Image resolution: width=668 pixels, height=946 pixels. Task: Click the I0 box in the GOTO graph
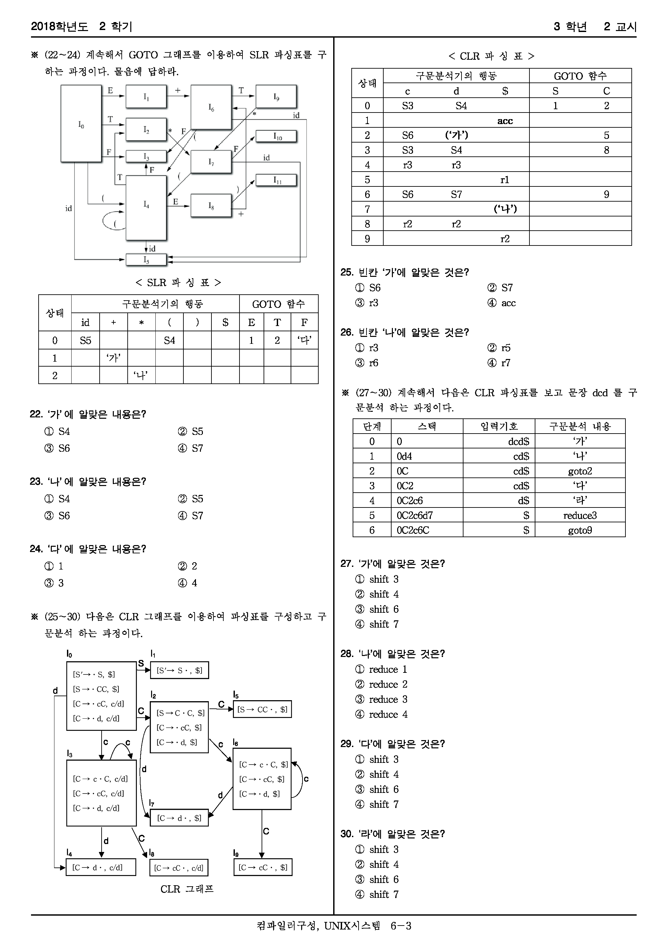(x=81, y=124)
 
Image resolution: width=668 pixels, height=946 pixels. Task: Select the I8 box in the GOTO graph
(x=211, y=205)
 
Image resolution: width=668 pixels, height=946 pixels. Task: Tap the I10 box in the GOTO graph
(x=276, y=136)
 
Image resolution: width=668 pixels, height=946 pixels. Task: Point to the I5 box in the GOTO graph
(x=146, y=260)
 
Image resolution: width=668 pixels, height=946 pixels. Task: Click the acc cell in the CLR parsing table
(x=505, y=121)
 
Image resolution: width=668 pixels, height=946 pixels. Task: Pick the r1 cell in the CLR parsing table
(x=505, y=179)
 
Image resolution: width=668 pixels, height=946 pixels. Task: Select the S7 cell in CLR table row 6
(x=456, y=194)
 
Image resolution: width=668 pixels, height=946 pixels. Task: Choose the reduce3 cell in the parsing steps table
(x=580, y=515)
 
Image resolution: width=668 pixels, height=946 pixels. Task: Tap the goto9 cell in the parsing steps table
(x=580, y=530)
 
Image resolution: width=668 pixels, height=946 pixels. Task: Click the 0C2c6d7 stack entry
(x=415, y=515)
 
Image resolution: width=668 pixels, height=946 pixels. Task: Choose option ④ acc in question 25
(x=502, y=303)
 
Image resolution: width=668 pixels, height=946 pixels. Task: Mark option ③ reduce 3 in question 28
(x=381, y=700)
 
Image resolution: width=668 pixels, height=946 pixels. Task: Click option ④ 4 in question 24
(x=188, y=583)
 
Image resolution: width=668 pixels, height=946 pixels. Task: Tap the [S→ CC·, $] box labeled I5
(x=262, y=709)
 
